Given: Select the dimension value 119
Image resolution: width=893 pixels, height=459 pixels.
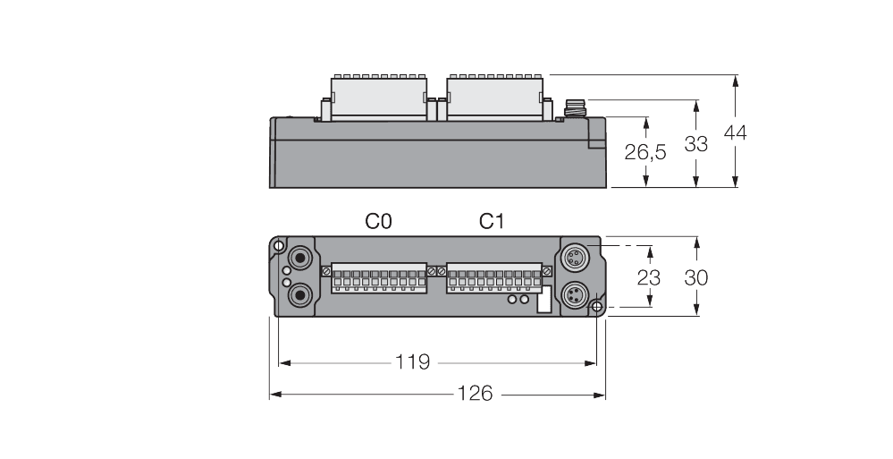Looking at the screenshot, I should [x=413, y=362].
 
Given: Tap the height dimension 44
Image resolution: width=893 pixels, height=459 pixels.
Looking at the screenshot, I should [x=734, y=133].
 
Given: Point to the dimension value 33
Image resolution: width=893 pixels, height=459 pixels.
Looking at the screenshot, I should [x=695, y=143].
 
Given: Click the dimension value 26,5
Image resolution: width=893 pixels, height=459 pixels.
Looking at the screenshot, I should [x=644, y=153].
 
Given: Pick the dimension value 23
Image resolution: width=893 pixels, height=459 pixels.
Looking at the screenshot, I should [x=648, y=277].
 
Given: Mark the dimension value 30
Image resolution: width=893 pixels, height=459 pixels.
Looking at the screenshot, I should [x=695, y=277].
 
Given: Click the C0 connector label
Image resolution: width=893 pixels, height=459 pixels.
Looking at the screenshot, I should [x=379, y=221].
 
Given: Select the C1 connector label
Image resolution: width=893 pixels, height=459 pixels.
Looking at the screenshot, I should [x=492, y=221].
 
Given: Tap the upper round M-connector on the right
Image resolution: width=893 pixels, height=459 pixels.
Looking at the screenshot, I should [x=574, y=259].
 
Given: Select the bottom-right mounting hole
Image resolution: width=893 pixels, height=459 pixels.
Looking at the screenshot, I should [x=596, y=308].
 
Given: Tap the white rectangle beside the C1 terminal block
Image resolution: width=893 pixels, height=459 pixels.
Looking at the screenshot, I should [x=543, y=302].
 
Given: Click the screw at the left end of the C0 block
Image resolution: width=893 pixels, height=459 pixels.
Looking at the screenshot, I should [x=326, y=269].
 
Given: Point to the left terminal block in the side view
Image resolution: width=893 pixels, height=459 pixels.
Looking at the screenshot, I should [x=373, y=98].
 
